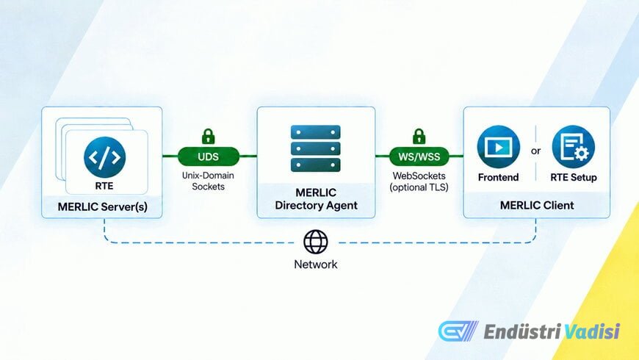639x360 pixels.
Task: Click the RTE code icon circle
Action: click(105, 157)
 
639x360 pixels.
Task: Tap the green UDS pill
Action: click(209, 156)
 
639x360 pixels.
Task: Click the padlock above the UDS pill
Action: click(209, 136)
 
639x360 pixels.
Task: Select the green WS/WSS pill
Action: click(419, 156)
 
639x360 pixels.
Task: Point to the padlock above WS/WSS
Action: click(419, 136)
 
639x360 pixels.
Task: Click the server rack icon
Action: click(315, 148)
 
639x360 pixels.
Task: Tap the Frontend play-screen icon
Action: click(499, 147)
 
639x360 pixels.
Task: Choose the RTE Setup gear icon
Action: click(574, 147)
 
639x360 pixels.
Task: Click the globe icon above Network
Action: click(315, 242)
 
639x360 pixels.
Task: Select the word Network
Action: click(315, 264)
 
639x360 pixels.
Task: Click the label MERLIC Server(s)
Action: click(103, 206)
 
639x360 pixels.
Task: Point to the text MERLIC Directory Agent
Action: click(317, 199)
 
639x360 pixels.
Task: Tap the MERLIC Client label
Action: click(537, 205)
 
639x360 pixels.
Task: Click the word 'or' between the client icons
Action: click(536, 151)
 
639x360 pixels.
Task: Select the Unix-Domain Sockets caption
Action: click(208, 181)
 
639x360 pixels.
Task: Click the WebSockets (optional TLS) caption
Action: click(419, 181)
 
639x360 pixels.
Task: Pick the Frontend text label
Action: click(499, 177)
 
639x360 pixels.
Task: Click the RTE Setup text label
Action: click(574, 177)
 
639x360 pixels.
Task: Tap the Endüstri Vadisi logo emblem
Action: click(458, 331)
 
